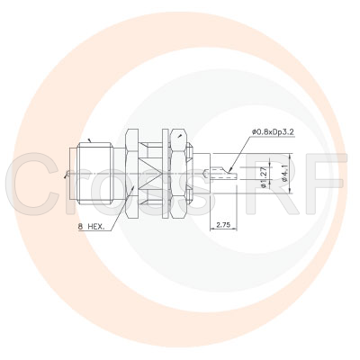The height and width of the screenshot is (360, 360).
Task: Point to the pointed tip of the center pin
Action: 237,174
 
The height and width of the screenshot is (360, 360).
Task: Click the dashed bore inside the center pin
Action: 221,174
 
